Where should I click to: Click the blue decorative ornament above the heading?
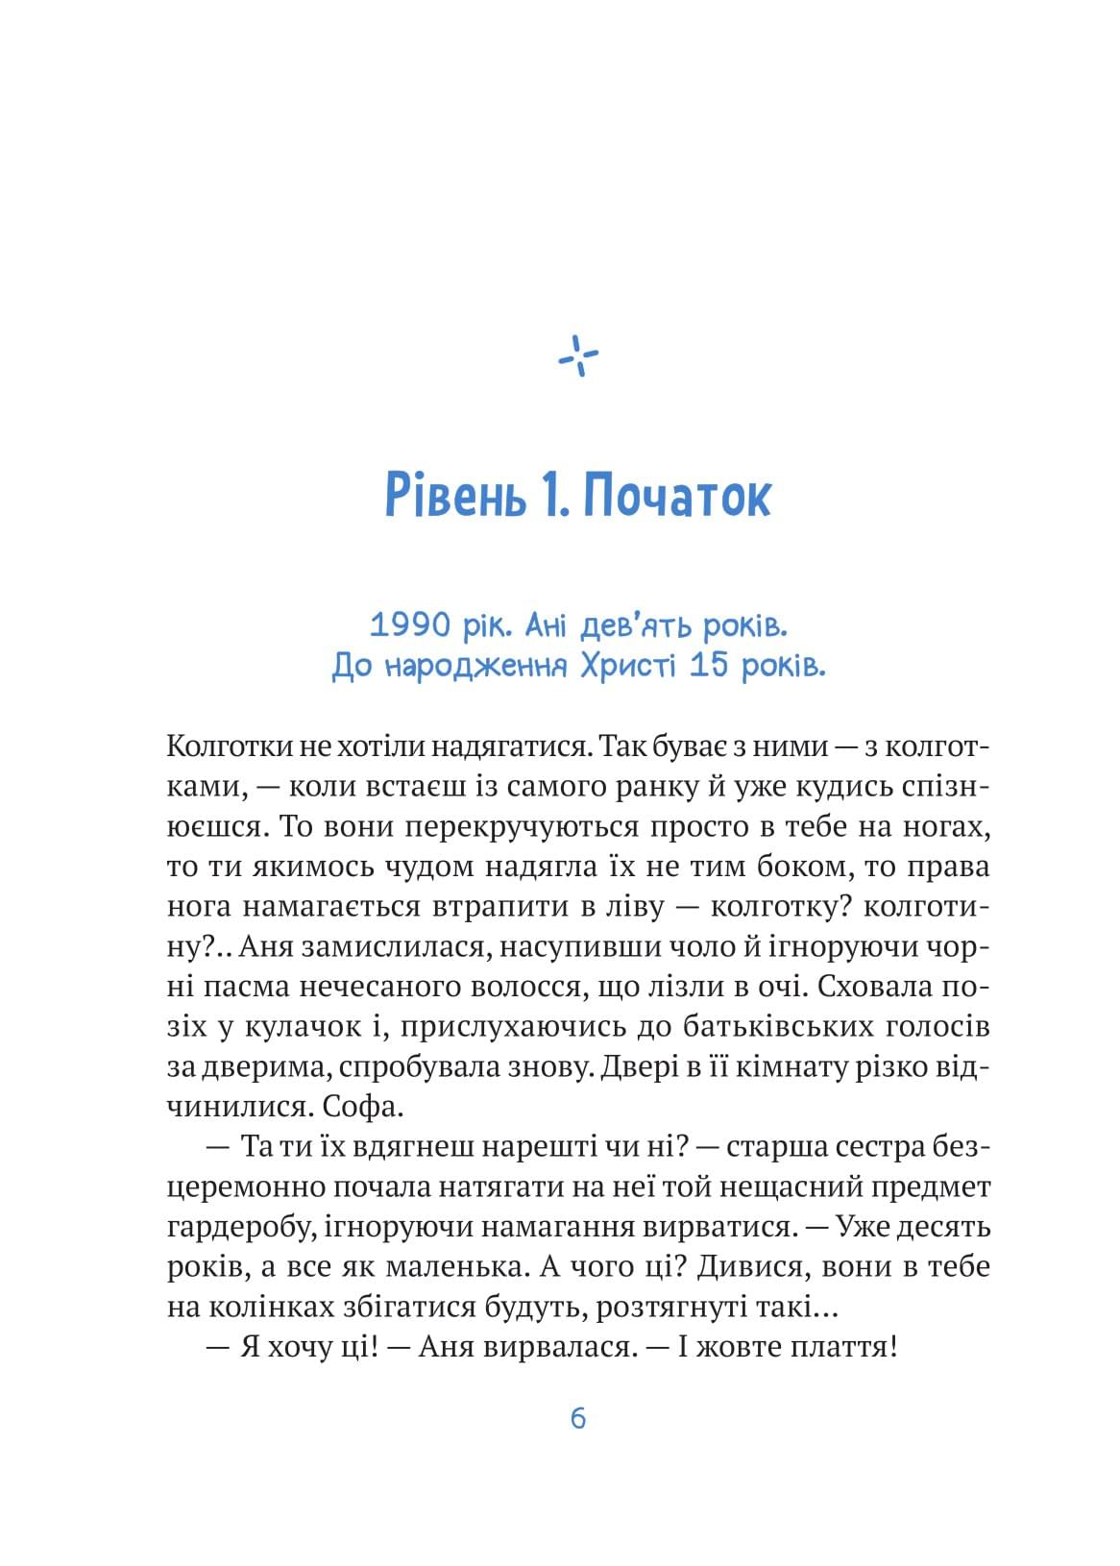point(578,355)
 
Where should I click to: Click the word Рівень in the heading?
point(452,497)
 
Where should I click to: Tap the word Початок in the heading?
point(677,497)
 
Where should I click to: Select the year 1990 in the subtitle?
point(410,625)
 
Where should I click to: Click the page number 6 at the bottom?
point(578,1418)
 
